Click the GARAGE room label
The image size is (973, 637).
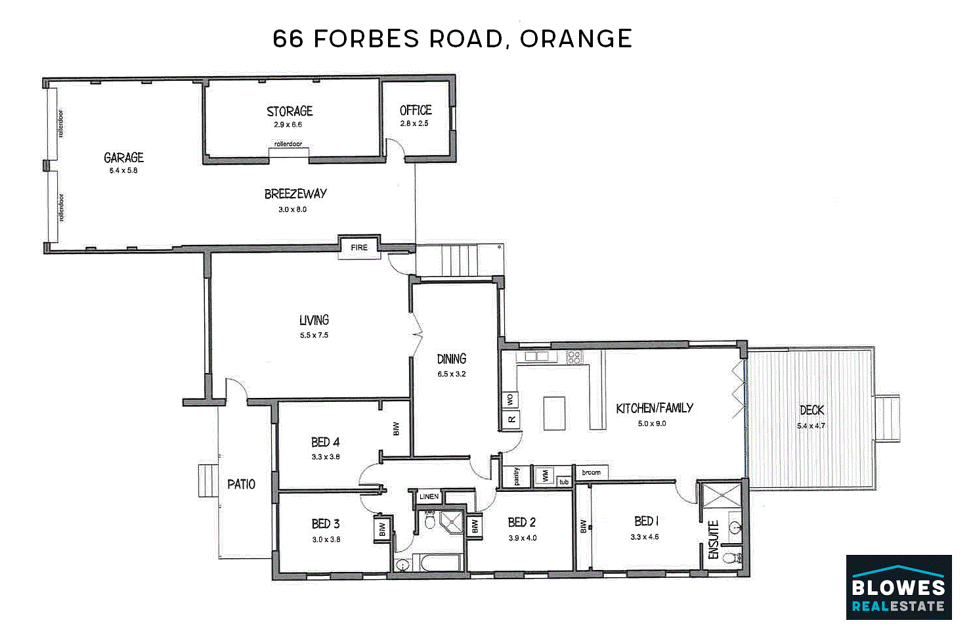coord(124,158)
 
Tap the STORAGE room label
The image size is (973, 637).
coord(290,111)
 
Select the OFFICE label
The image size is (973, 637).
coord(416,110)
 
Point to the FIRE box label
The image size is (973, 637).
coord(359,247)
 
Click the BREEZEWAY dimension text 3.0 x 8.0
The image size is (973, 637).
coord(292,209)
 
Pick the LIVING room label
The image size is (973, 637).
coord(314,320)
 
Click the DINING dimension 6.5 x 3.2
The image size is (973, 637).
coord(452,374)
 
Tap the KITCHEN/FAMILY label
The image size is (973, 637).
coord(655,408)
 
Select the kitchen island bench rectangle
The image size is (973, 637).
coord(554,413)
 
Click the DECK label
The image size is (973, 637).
coord(812,410)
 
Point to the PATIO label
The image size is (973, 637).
coord(242,484)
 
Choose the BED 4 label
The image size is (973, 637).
coord(326,443)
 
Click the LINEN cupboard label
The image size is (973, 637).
coord(429,496)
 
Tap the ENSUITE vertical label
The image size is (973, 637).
coord(713,540)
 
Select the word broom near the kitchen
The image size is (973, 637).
coord(591,472)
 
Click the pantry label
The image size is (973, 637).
coord(517,476)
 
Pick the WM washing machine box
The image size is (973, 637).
coord(546,476)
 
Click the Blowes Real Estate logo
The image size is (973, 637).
coord(899,587)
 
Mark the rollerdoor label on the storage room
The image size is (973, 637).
coord(288,144)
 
